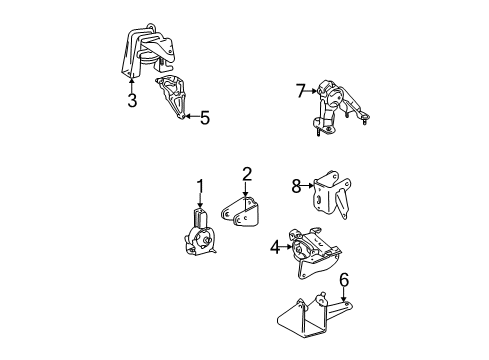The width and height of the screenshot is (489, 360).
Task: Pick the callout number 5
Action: point(204,119)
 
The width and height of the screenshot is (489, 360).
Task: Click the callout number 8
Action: point(296,184)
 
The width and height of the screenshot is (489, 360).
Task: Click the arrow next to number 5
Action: point(188,119)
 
